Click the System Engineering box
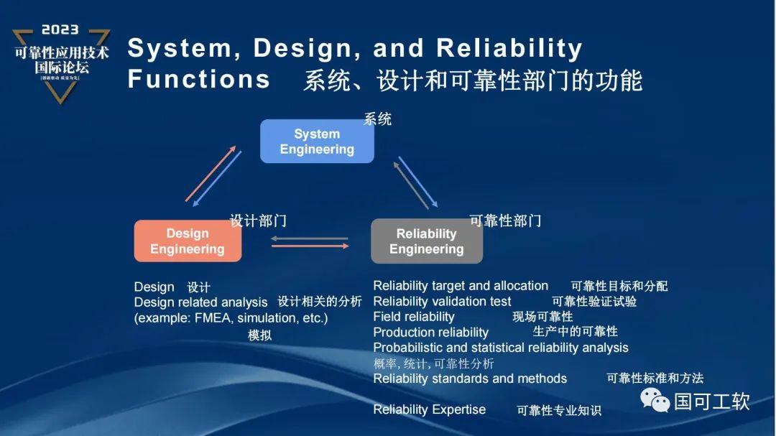[x=317, y=142]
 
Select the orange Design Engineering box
[x=188, y=241]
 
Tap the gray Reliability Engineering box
[x=426, y=241]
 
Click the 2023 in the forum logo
[x=60, y=30]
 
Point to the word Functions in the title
[x=199, y=79]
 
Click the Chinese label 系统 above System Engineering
[x=377, y=119]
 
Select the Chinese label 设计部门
[x=258, y=221]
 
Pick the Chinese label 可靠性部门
[x=505, y=221]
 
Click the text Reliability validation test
[x=442, y=302]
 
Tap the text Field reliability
[x=414, y=317]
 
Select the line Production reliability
[x=430, y=333]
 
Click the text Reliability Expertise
[x=429, y=409]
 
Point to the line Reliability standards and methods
[x=470, y=379]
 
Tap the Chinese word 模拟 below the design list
[x=259, y=335]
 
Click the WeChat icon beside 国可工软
[x=655, y=400]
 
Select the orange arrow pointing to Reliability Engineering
[x=310, y=246]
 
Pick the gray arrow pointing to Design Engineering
[x=310, y=238]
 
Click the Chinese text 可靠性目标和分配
[x=619, y=286]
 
